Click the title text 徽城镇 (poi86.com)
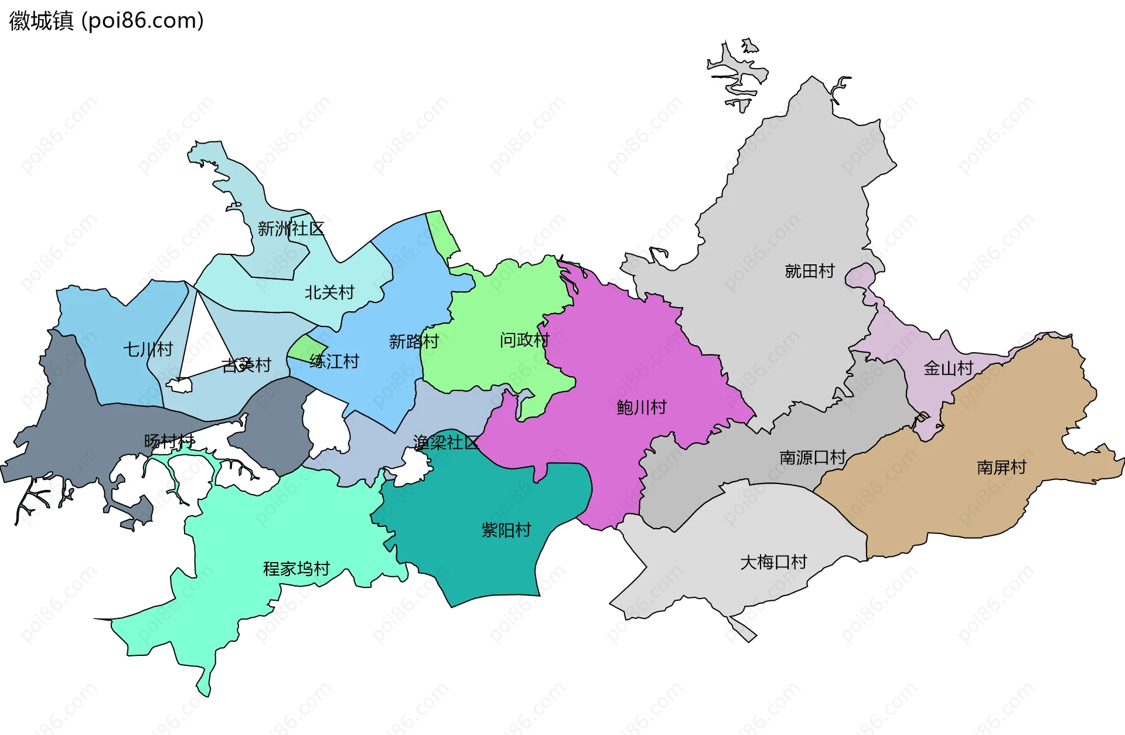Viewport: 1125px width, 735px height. (x=107, y=21)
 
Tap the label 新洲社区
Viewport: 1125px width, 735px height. (x=291, y=229)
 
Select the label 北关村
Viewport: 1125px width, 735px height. (x=329, y=292)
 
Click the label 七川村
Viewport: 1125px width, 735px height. (x=148, y=349)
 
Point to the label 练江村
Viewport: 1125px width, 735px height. (x=334, y=361)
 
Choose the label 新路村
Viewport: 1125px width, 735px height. (x=414, y=341)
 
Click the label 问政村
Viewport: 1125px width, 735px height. (x=524, y=339)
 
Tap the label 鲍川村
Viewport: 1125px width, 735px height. (x=642, y=407)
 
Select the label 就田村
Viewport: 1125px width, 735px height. (x=809, y=271)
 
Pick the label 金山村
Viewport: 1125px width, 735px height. (x=948, y=368)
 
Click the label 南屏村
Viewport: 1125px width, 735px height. (x=1001, y=467)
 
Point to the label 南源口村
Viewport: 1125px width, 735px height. (x=812, y=457)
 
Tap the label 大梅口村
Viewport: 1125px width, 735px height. (x=773, y=562)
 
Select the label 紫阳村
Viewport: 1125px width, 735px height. (x=506, y=530)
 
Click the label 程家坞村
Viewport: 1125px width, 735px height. (x=296, y=569)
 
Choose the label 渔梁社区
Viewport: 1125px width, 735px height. (x=445, y=443)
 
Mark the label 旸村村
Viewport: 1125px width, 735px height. (x=169, y=441)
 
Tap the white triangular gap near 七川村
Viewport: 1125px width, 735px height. (x=202, y=340)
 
